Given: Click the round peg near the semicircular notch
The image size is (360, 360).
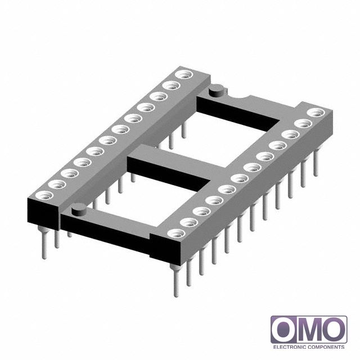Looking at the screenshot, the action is tap(216, 90).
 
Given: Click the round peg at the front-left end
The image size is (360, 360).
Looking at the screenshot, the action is tap(79, 209).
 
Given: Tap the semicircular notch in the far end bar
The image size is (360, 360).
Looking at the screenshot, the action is tap(237, 96).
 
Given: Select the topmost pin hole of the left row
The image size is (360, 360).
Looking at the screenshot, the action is tap(184, 75).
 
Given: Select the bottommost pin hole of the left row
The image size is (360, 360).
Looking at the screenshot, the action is tap(44, 195).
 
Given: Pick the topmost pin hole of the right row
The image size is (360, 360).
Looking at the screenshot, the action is tap(316, 112).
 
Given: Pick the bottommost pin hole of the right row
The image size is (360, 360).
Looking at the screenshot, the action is tap(176, 233).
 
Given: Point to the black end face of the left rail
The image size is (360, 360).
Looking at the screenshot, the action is tap(43, 214).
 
